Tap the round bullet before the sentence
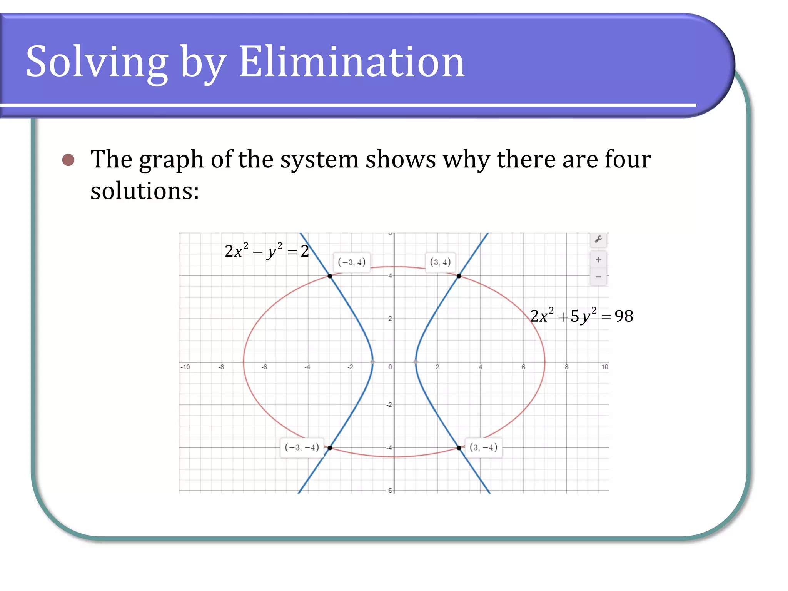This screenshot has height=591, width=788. pyautogui.click(x=68, y=160)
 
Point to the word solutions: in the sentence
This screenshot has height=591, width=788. pyautogui.click(x=145, y=191)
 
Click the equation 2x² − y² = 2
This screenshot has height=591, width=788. pyautogui.click(x=267, y=251)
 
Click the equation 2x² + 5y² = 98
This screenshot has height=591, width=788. pyautogui.click(x=581, y=316)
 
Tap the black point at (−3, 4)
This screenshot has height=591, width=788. pyautogui.click(x=330, y=276)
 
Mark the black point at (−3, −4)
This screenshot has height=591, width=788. pyautogui.click(x=330, y=448)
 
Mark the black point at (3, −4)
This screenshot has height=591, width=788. pyautogui.click(x=459, y=448)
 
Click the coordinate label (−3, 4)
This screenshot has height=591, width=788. pyautogui.click(x=351, y=262)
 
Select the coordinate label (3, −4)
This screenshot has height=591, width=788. pyautogui.click(x=483, y=447)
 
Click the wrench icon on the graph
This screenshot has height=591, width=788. pyautogui.click(x=598, y=239)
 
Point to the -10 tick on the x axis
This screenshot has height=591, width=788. pyautogui.click(x=185, y=367)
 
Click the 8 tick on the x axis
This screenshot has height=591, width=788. pyautogui.click(x=566, y=367)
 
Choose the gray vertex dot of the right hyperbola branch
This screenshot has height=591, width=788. pyautogui.click(x=416, y=362)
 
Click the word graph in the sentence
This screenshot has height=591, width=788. pyautogui.click(x=171, y=160)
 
